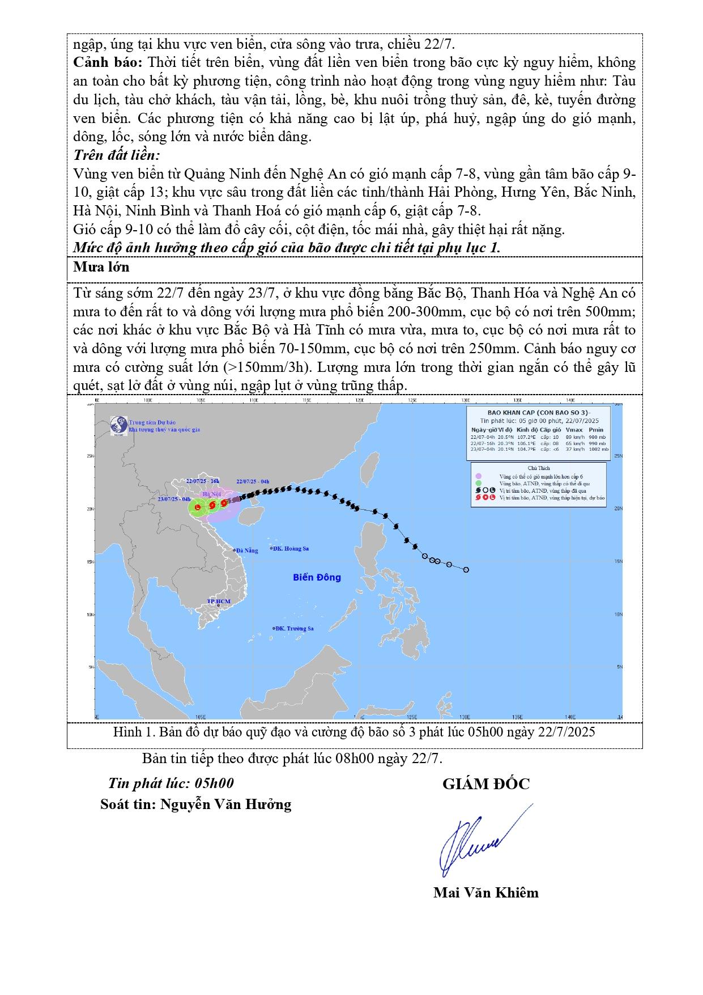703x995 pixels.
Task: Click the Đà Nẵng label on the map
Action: pos(247,551)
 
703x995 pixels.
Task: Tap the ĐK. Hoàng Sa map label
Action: pos(291,548)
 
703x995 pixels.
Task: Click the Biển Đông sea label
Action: pos(317,577)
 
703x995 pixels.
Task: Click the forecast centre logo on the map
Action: pos(118,426)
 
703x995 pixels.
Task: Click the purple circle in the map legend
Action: pos(479,476)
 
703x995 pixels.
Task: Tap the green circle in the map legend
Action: pos(479,483)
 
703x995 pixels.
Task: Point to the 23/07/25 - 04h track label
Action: pos(174,498)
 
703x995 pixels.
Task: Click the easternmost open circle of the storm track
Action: pos(466,570)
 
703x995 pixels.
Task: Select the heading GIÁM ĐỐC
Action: pos(485,784)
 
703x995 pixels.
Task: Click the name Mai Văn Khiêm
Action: pos(485,893)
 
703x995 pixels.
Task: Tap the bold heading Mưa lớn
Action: pos(101,267)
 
